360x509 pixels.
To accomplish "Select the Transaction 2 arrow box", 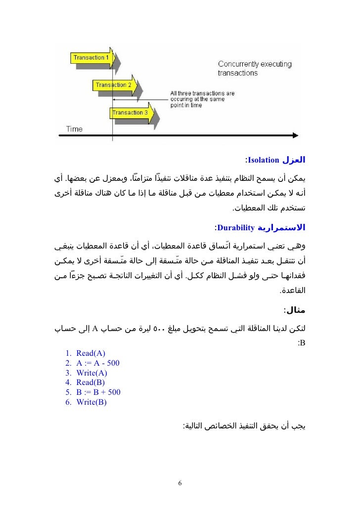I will coord(113,85).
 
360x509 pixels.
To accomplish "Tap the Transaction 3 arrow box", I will coord(129,113).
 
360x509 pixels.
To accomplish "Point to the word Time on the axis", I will coord(74,129).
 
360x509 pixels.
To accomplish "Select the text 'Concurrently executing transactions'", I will coord(255,69).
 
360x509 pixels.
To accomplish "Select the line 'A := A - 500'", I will coord(98,363).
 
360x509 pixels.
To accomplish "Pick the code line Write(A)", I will coord(91,373).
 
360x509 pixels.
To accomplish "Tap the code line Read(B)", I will coord(90,382).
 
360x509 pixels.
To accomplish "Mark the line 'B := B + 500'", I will coord(98,392).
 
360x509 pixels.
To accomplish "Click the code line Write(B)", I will coord(91,402).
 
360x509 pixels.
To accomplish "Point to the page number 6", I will coord(180,483).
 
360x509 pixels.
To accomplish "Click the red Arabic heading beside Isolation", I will coord(293,160).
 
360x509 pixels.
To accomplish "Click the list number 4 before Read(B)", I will coord(67,382).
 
